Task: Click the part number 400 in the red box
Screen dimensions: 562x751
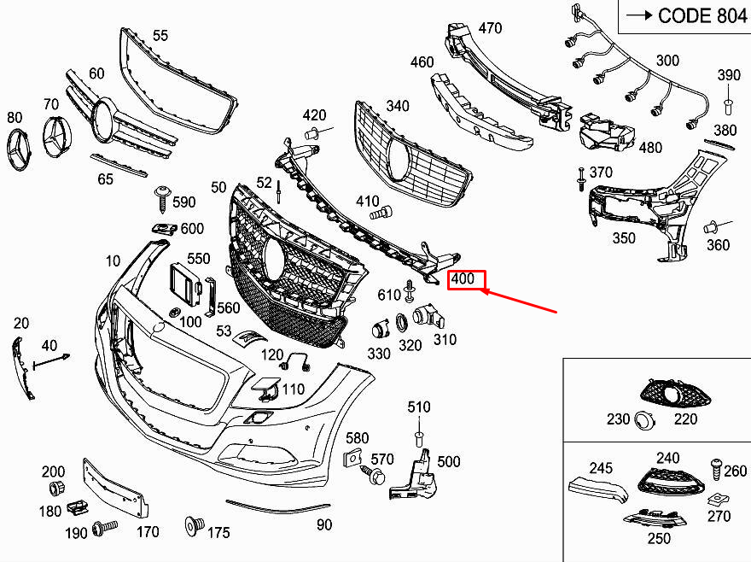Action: (x=467, y=280)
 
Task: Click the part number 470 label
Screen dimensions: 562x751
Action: (x=489, y=28)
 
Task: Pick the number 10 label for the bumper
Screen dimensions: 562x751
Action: (x=113, y=261)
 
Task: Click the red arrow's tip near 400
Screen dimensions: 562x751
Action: (x=484, y=292)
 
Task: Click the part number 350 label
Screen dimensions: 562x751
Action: (x=623, y=238)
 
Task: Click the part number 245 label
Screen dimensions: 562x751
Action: (x=601, y=468)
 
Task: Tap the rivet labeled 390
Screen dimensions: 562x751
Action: (x=729, y=105)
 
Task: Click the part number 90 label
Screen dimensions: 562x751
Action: (x=323, y=525)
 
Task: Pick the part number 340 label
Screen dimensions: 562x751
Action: (x=397, y=106)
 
